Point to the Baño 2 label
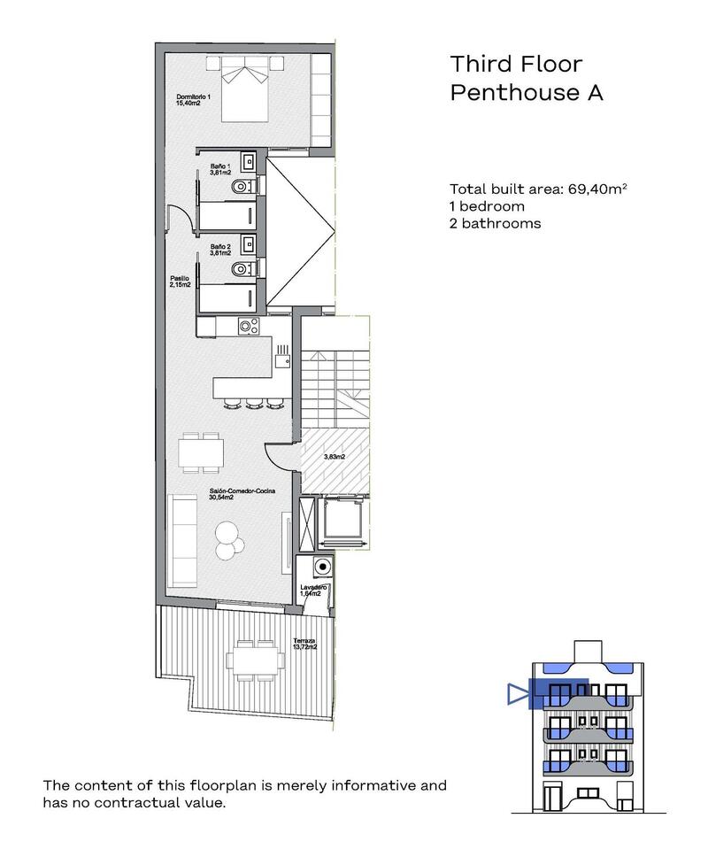[220, 250]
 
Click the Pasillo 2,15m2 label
[181, 282]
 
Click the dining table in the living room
[202, 452]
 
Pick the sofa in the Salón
[183, 540]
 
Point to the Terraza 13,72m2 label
[304, 643]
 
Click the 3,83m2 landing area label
[334, 457]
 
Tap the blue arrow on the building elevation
[517, 694]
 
